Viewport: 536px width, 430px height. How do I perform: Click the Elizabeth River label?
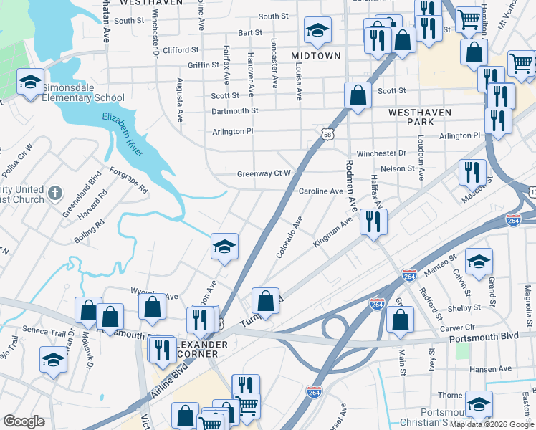coord(123,133)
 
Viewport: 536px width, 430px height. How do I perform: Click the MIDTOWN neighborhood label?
coord(316,55)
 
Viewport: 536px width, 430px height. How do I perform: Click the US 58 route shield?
coord(327,134)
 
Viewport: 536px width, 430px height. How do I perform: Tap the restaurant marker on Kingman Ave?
coord(373,221)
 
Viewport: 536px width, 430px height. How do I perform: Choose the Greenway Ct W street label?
coord(264,173)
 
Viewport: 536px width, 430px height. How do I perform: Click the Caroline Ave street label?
coord(321,191)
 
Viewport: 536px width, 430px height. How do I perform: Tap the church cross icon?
coord(54,193)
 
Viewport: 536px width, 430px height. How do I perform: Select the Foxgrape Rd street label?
coord(128,181)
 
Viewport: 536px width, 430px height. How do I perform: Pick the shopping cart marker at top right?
coord(469,19)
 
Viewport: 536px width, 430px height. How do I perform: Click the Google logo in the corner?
coord(24,421)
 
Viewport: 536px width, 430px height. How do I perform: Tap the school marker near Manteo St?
coord(479,262)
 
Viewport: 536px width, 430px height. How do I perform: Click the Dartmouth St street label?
coord(234,111)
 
